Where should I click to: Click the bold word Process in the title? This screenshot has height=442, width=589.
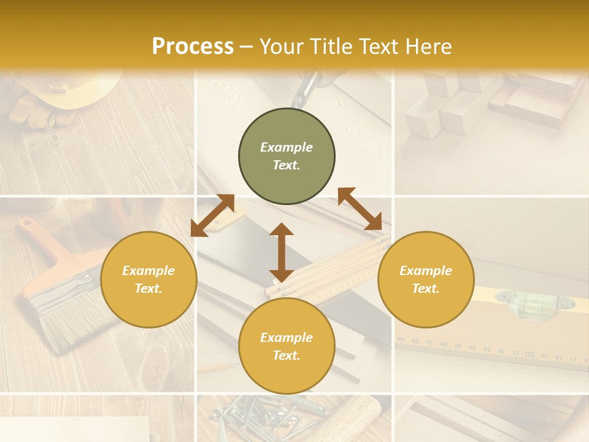(x=193, y=47)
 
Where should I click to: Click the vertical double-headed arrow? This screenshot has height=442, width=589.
(x=282, y=252)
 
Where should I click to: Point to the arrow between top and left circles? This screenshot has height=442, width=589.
(x=212, y=215)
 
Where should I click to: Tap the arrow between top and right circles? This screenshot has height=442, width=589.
(x=360, y=209)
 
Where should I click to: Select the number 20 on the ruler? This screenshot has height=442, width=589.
(x=529, y=354)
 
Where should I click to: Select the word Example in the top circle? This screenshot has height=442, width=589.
(x=287, y=147)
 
